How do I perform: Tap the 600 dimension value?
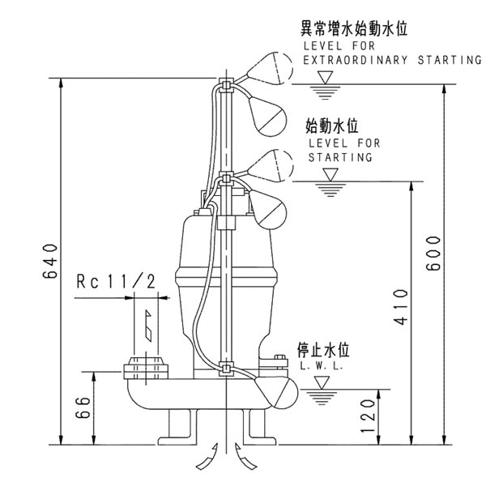[x=433, y=253]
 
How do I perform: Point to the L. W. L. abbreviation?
[x=322, y=367]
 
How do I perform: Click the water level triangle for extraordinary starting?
[x=326, y=77]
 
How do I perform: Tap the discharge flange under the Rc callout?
[x=145, y=371]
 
